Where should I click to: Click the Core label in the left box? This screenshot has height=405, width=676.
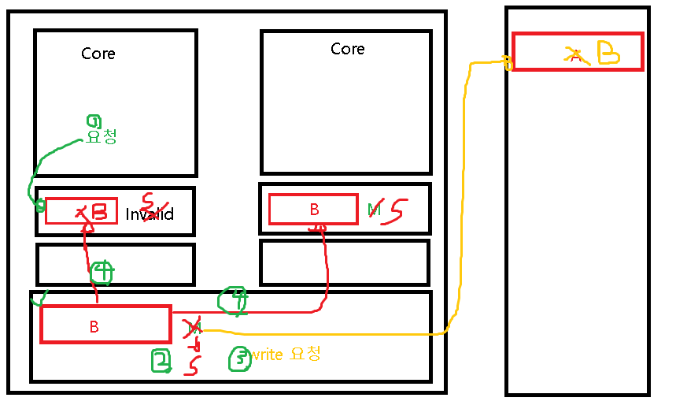click(98, 54)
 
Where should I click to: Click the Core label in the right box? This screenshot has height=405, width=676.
click(347, 49)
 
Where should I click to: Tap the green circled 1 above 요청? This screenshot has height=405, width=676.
click(94, 121)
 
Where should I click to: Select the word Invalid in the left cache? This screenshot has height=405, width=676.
click(150, 214)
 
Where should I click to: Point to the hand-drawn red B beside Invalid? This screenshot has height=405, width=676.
click(99, 211)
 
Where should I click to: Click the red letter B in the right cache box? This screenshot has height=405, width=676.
click(314, 210)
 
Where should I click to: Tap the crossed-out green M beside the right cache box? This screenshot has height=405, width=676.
click(375, 210)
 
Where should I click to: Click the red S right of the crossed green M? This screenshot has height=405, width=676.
click(397, 211)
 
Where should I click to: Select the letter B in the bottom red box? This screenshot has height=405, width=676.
click(94, 327)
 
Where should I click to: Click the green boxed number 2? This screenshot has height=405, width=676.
click(161, 361)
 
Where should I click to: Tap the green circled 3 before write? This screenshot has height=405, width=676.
click(238, 359)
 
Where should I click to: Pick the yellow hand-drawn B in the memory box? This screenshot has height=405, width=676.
click(609, 52)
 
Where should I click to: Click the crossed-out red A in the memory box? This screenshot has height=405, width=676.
click(574, 55)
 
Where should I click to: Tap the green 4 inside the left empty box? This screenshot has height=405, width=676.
click(102, 272)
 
